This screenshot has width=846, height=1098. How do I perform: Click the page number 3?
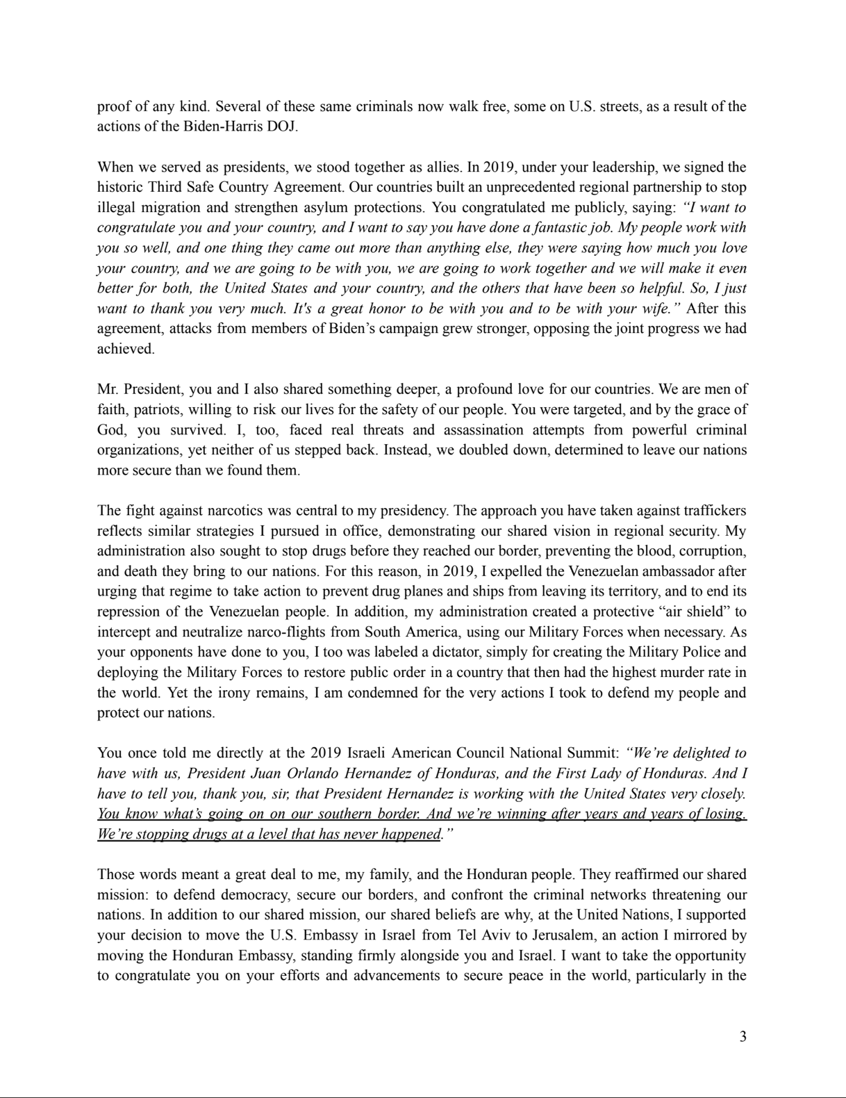(743, 1037)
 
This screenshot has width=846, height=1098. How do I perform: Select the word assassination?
(486, 429)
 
